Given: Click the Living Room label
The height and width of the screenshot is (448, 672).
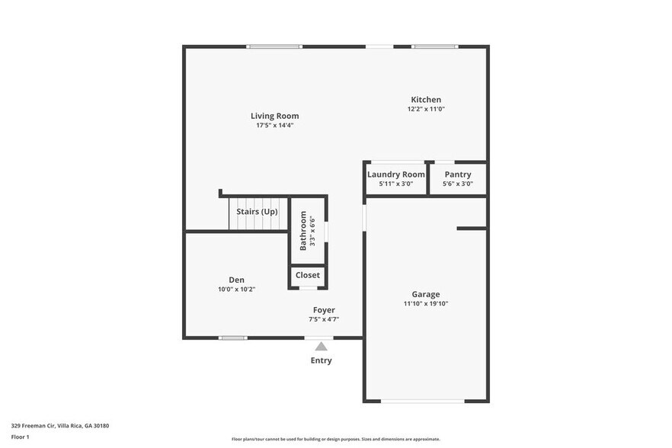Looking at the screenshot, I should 274,116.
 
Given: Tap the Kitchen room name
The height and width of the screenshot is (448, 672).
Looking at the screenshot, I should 426,100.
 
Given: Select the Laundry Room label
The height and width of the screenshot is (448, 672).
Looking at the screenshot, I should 395,174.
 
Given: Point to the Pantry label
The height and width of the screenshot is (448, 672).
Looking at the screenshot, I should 458,174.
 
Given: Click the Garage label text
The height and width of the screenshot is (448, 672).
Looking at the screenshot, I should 426,294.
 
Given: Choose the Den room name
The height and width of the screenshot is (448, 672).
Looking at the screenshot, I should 236,280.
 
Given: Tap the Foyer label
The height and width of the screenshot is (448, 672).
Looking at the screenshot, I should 324,310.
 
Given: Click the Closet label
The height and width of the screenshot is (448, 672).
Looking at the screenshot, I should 308,275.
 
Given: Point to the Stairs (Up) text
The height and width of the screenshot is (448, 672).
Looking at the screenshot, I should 257,212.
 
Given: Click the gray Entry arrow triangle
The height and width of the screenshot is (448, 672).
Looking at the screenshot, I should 322,347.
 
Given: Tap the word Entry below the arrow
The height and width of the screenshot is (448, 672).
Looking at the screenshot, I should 322,360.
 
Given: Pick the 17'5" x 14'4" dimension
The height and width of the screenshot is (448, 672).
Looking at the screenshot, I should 274,125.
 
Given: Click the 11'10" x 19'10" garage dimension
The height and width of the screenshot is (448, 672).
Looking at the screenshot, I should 426,303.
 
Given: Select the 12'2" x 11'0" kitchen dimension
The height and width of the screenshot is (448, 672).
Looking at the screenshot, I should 426,109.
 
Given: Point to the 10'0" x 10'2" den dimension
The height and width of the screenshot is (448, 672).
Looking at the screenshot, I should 236,289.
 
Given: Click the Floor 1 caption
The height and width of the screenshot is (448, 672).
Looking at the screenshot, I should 20,437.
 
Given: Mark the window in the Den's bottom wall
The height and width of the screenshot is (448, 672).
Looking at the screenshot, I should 233,338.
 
